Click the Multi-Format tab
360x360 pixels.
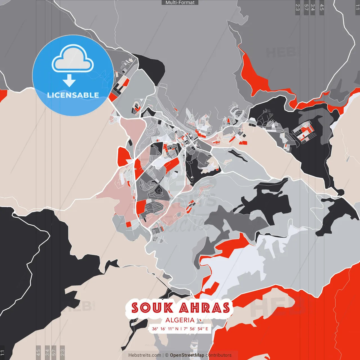(x=180, y=3)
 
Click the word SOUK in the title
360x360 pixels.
(x=152, y=308)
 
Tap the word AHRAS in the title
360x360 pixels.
(x=205, y=308)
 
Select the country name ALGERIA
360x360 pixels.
(x=180, y=320)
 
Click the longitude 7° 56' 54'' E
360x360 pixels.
(x=196, y=329)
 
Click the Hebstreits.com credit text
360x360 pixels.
(x=145, y=355)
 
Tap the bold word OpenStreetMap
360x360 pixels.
(x=187, y=355)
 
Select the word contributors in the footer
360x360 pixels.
(x=219, y=355)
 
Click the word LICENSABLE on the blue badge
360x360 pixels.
(x=73, y=95)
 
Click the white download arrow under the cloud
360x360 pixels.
(x=69, y=80)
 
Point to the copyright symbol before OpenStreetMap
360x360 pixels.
(x=167, y=355)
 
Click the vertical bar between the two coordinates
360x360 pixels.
(x=181, y=329)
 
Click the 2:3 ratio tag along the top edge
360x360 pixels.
(x=297, y=7)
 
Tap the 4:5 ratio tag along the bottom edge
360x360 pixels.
(x=38, y=352)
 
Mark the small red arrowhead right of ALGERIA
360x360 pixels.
(x=200, y=320)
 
